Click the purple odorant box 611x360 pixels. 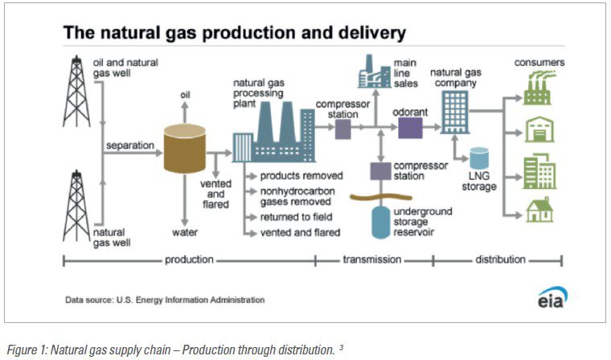pyautogui.click(x=410, y=128)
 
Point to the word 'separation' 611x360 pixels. pyautogui.click(x=129, y=146)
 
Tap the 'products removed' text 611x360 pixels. pyautogui.click(x=301, y=175)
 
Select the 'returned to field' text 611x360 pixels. pyautogui.click(x=296, y=218)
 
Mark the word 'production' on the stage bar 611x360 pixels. pyautogui.click(x=189, y=260)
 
